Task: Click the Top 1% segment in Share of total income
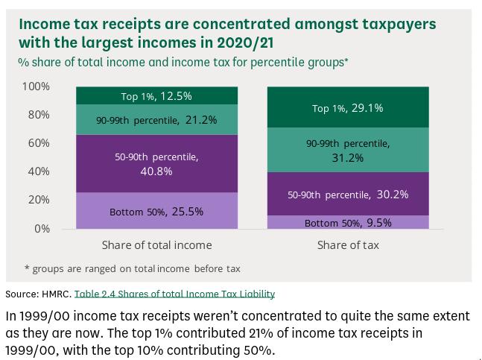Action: point(156,96)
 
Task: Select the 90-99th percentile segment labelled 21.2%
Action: point(156,119)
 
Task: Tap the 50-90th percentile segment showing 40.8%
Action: point(156,163)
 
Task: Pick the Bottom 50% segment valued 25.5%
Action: point(156,211)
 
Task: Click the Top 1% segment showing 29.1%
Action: point(348,108)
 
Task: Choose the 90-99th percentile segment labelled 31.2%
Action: point(348,150)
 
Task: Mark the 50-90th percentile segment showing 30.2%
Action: point(348,195)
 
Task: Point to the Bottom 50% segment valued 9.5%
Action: point(348,222)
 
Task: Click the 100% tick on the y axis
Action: point(36,86)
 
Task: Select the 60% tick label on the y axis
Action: point(38,143)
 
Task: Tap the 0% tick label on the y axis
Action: point(41,229)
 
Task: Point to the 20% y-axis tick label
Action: point(38,200)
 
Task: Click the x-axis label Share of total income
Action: point(156,244)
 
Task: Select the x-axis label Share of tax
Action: point(348,244)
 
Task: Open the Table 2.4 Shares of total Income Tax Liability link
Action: point(174,294)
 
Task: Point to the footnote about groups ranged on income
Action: point(133,268)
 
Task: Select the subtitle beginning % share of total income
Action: point(183,62)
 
